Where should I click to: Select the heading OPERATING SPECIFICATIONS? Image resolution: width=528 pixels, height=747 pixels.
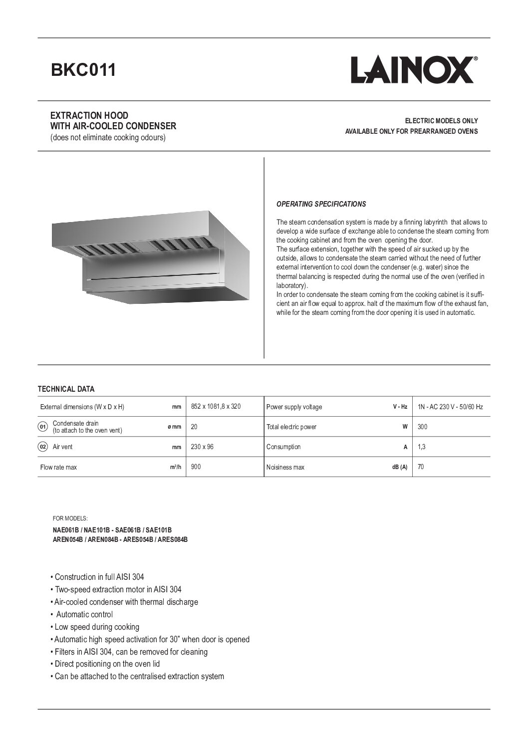tap(321, 204)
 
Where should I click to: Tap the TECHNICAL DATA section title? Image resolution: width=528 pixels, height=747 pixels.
tap(66, 389)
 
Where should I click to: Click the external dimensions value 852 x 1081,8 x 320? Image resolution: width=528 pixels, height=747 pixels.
tap(216, 407)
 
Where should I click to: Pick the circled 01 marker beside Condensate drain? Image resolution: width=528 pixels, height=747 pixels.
tap(43, 427)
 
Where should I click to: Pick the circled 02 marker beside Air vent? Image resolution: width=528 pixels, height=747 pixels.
tap(43, 447)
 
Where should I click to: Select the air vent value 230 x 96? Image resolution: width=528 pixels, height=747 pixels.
tap(202, 447)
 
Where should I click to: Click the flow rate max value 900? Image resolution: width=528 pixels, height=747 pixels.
tap(196, 467)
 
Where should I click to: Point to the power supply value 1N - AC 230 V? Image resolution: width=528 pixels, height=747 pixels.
tap(450, 407)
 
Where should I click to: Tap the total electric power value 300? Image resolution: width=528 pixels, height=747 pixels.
tap(422, 427)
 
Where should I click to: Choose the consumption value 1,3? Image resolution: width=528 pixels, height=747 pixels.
tap(421, 447)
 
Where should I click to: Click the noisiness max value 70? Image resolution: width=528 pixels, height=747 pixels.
tap(421, 467)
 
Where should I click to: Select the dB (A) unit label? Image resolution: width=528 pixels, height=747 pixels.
tap(399, 468)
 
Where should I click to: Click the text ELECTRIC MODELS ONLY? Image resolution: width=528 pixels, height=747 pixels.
tap(441, 121)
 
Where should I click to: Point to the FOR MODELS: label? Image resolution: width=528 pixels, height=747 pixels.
tap(70, 518)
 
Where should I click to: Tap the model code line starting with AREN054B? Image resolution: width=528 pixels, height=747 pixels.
tap(120, 539)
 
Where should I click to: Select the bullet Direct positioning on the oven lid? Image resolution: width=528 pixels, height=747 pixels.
tap(107, 664)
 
